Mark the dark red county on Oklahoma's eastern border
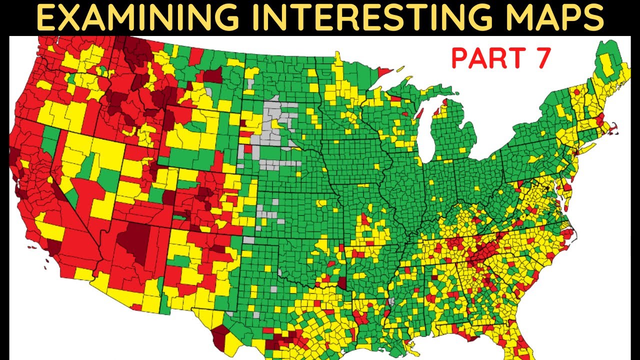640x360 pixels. [x=342, y=283]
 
